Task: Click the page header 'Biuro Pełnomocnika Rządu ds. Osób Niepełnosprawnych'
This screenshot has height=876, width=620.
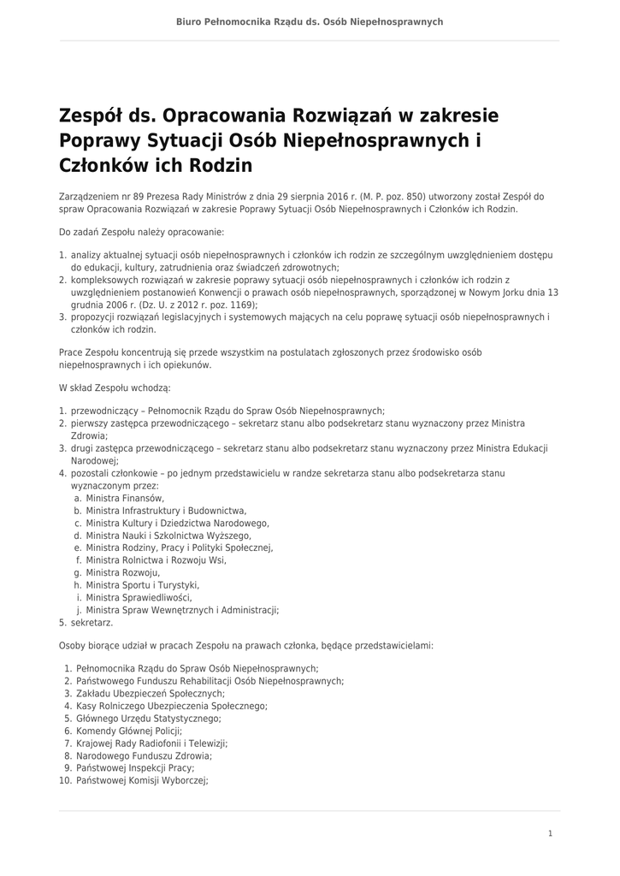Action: click(310, 21)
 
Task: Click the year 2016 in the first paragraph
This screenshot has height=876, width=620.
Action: click(328, 196)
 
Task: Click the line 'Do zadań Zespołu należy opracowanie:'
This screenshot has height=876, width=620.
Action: click(141, 232)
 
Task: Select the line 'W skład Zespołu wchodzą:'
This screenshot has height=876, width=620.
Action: click(115, 388)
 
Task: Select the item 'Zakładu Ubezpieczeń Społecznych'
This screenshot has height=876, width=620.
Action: click(151, 694)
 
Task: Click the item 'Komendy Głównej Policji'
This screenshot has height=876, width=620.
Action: click(129, 731)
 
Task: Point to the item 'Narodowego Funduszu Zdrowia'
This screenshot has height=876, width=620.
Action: click(144, 756)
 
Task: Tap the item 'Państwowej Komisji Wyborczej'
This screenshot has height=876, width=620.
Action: click(142, 781)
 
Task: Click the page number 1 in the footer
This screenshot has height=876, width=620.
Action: click(551, 833)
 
